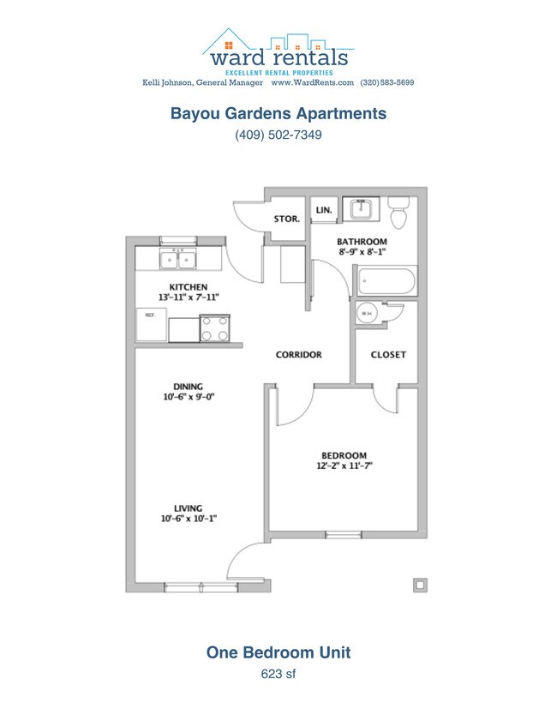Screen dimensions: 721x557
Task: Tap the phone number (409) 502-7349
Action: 278,135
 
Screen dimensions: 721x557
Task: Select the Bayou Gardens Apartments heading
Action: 278,113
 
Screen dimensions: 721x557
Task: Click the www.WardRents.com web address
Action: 313,83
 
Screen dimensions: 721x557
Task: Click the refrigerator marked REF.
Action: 150,327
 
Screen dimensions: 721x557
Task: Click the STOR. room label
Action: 286,219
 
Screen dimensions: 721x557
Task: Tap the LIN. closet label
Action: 324,209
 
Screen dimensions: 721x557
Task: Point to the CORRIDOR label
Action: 298,354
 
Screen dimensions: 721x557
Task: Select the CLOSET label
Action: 388,354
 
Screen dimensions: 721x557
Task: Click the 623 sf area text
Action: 278,674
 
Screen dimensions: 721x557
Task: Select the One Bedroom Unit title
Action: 278,652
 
